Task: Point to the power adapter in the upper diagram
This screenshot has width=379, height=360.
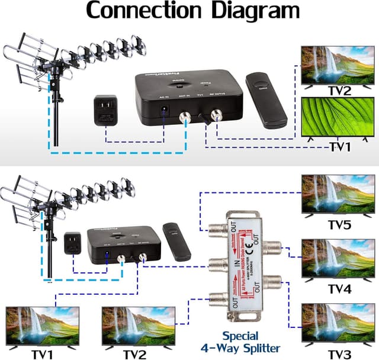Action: click(108, 111)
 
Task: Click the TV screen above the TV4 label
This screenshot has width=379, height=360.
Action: click(338, 259)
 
